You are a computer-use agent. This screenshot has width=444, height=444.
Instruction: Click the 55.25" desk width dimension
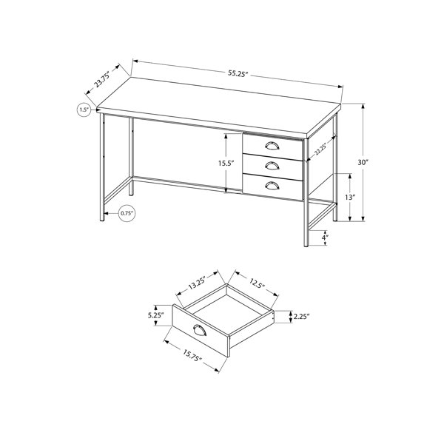pyautogui.click(x=238, y=73)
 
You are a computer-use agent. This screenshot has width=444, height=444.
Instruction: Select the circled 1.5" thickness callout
pyautogui.click(x=84, y=110)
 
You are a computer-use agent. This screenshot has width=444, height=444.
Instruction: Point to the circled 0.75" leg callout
pyautogui.click(x=127, y=213)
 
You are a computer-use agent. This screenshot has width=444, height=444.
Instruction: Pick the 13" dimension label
pyautogui.click(x=350, y=197)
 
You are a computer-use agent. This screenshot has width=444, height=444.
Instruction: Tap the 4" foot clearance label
pyautogui.click(x=326, y=238)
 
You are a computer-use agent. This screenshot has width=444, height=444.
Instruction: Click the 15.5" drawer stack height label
pyautogui.click(x=226, y=164)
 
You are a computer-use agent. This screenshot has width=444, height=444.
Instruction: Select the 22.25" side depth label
pyautogui.click(x=320, y=149)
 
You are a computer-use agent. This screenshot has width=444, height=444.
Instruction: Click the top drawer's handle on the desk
pyautogui.click(x=272, y=146)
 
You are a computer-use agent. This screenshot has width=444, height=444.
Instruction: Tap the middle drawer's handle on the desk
pyautogui.click(x=272, y=166)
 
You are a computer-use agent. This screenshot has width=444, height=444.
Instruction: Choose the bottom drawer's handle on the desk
pyautogui.click(x=272, y=186)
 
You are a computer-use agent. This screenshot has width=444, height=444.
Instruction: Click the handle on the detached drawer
pyautogui.click(x=200, y=331)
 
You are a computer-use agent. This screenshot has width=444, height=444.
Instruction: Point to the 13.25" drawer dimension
pyautogui.click(x=198, y=283)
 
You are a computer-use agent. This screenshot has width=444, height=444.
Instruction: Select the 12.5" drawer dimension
pyautogui.click(x=257, y=283)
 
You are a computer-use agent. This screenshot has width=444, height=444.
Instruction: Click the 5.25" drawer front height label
pyautogui.click(x=156, y=315)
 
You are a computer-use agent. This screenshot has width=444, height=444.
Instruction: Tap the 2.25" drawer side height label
pyautogui.click(x=301, y=317)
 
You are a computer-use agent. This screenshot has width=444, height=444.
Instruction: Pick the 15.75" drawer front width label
pyautogui.click(x=192, y=355)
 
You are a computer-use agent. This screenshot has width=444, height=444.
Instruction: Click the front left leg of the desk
pyautogui.click(x=102, y=167)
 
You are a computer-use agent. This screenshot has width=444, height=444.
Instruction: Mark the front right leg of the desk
pyautogui.click(x=306, y=192)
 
